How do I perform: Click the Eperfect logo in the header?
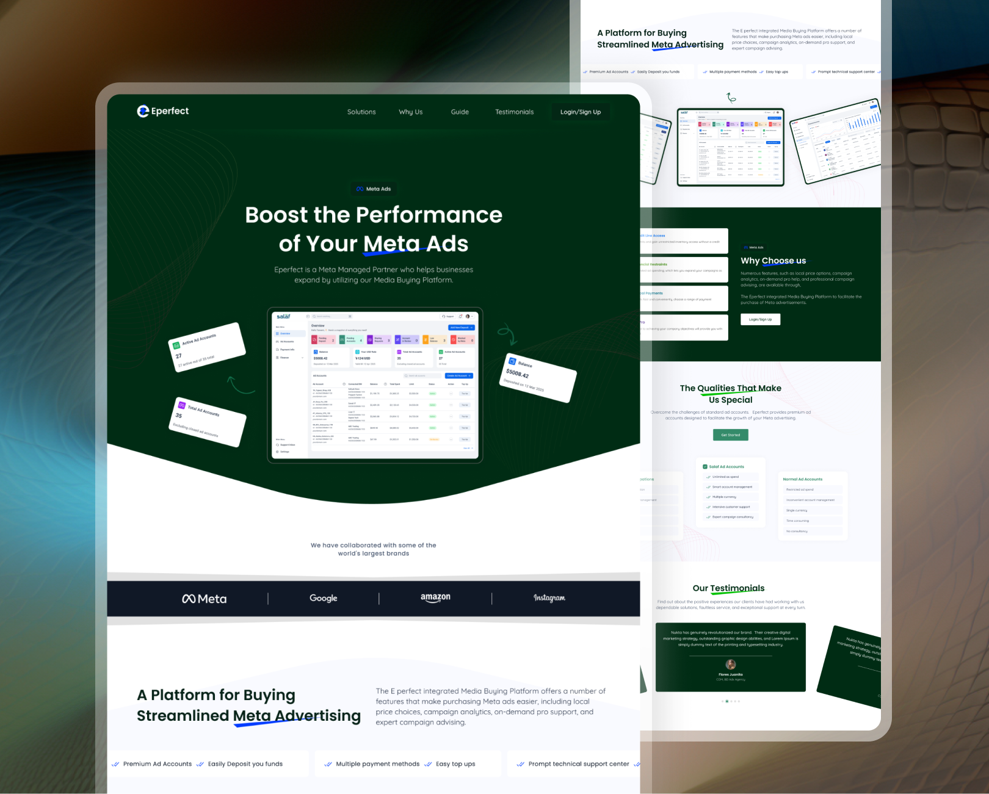tap(163, 111)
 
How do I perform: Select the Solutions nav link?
tap(361, 112)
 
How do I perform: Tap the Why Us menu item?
tap(410, 112)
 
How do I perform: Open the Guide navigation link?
tap(460, 112)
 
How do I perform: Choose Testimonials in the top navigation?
tap(514, 112)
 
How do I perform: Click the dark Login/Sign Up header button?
tap(580, 112)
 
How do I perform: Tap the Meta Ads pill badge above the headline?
tap(374, 189)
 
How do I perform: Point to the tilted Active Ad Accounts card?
tap(207, 347)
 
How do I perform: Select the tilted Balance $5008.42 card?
tap(539, 377)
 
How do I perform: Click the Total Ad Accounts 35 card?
tap(208, 421)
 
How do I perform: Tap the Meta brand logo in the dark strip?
tap(205, 599)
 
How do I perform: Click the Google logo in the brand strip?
tap(323, 598)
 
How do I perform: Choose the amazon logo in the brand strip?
tap(435, 597)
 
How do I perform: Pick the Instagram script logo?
tap(549, 598)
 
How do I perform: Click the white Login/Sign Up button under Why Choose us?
tap(760, 319)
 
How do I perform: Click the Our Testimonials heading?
tap(728, 588)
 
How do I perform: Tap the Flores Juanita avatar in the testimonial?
tap(731, 664)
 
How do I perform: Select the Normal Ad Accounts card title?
tap(802, 479)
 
